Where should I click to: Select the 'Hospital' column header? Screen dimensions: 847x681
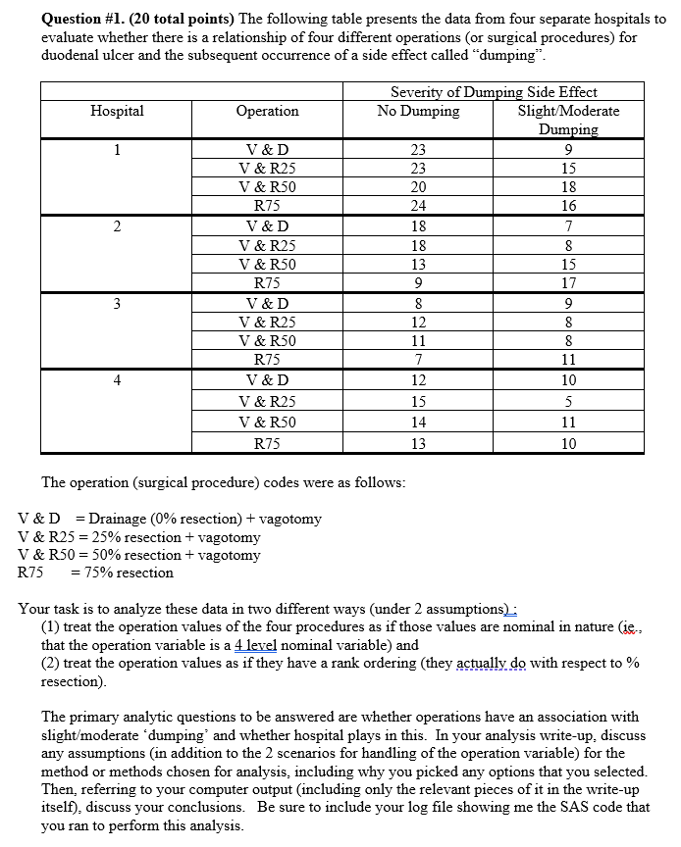coord(117,111)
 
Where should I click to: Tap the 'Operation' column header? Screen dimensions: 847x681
coord(267,111)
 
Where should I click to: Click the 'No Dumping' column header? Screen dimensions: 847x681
coord(418,111)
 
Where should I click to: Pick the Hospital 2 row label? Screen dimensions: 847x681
coord(117,226)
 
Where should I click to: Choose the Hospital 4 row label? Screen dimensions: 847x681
coord(117,379)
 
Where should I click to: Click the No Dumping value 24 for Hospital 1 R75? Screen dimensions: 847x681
coord(418,206)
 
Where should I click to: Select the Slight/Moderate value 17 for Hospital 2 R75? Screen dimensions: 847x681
coord(569,284)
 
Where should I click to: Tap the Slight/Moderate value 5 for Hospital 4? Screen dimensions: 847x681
coord(569,401)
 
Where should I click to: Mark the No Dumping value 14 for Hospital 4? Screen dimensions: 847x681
coord(418,423)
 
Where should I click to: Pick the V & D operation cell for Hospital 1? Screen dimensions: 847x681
coord(267,150)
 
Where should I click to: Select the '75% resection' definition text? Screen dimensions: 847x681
coord(129,573)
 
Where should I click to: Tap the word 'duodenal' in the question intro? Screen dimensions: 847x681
coord(71,55)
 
